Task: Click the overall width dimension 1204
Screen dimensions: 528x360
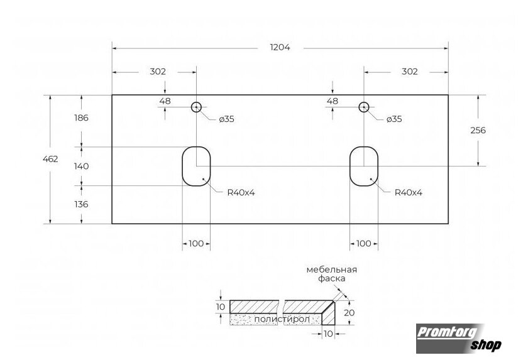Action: click(x=280, y=48)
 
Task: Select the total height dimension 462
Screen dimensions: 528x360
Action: click(x=50, y=159)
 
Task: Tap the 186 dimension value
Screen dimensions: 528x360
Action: click(x=82, y=117)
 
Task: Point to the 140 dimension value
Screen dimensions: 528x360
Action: click(x=82, y=166)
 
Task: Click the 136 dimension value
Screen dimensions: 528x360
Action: click(x=82, y=204)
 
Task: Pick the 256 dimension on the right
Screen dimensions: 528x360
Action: click(x=478, y=130)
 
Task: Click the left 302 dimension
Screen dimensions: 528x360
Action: click(x=158, y=72)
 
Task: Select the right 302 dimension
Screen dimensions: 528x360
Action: click(x=410, y=72)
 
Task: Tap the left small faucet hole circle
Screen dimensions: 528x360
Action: click(x=196, y=102)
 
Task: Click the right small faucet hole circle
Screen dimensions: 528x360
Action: click(x=364, y=102)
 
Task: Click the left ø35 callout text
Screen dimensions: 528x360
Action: click(x=227, y=119)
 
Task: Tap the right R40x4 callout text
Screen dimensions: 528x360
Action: click(x=409, y=193)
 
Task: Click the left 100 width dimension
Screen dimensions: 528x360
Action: click(x=196, y=244)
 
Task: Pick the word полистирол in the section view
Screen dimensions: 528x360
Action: click(x=282, y=319)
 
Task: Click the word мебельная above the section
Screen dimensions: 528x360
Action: click(x=332, y=270)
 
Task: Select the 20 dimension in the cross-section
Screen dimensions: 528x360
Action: click(x=349, y=313)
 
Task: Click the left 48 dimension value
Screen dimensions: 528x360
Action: click(x=165, y=101)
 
